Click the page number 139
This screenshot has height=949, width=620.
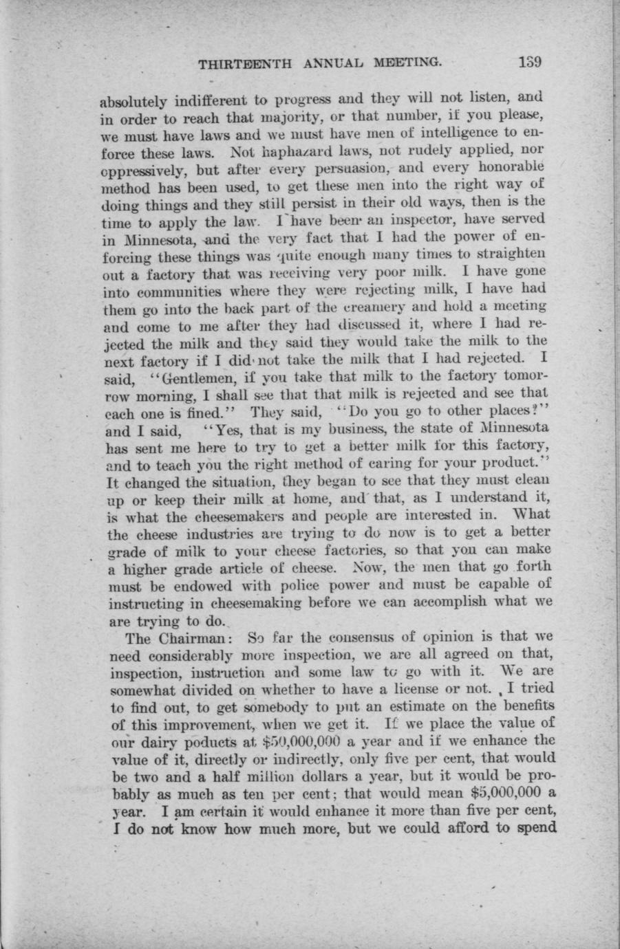(x=531, y=62)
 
